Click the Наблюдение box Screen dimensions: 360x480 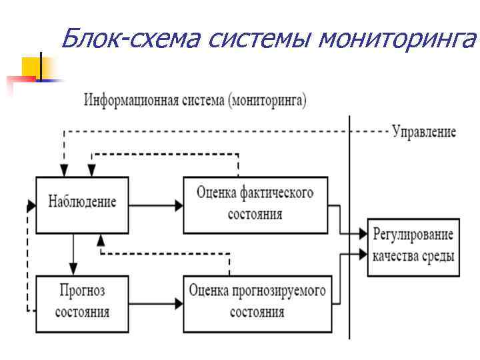pyautogui.click(x=83, y=204)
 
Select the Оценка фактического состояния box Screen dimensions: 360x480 pyautogui.click(x=255, y=204)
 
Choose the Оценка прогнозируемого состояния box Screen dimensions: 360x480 pyautogui.click(x=257, y=303)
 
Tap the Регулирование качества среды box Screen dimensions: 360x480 pyautogui.click(x=413, y=247)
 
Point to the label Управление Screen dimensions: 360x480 pyautogui.click(x=424, y=132)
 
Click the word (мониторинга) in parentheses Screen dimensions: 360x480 pyautogui.click(x=267, y=102)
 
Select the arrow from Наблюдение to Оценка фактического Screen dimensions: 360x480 pyautogui.click(x=156, y=205)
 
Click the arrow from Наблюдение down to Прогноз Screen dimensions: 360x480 pyautogui.click(x=74, y=254)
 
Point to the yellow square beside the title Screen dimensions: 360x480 pyautogui.click(x=33, y=68)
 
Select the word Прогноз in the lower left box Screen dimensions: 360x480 pyautogui.click(x=83, y=291)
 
